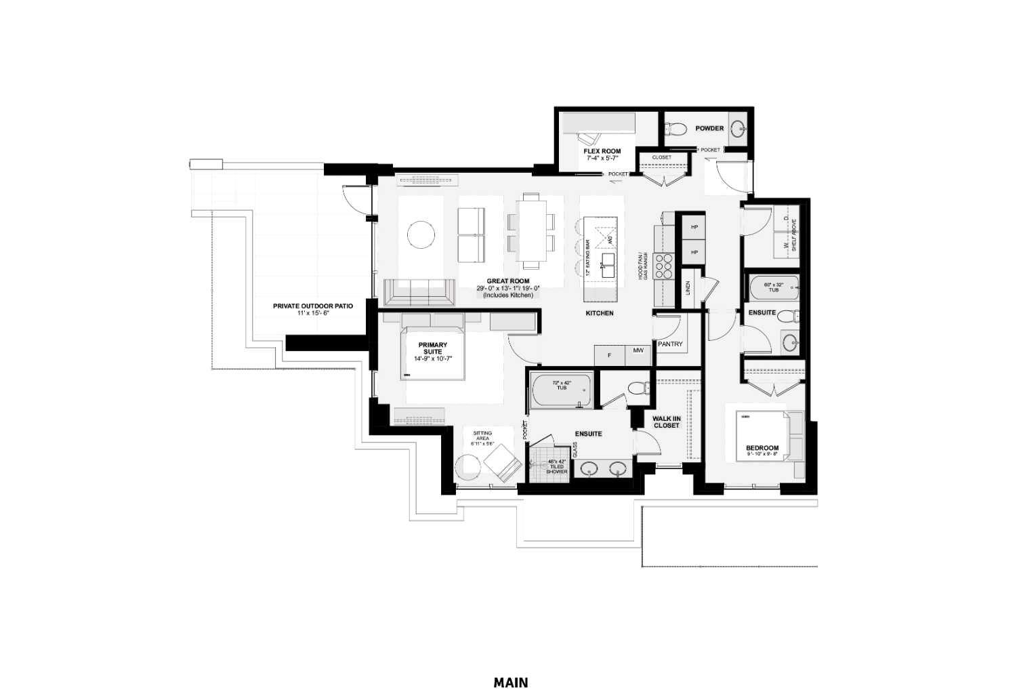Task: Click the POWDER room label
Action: [709, 128]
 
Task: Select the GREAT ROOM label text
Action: [507, 281]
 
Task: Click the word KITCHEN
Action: [600, 313]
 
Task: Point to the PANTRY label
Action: [669, 344]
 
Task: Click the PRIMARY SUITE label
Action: [432, 348]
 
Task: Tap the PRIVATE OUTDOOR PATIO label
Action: [312, 306]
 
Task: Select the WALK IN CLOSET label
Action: [666, 422]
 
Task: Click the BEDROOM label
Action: [762, 448]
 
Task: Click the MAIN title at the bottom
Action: [510, 682]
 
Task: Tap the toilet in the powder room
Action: [675, 128]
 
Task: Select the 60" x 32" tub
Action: [774, 288]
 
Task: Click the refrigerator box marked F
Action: [609, 355]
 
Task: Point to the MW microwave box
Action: [638, 351]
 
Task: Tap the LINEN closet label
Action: [688, 289]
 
